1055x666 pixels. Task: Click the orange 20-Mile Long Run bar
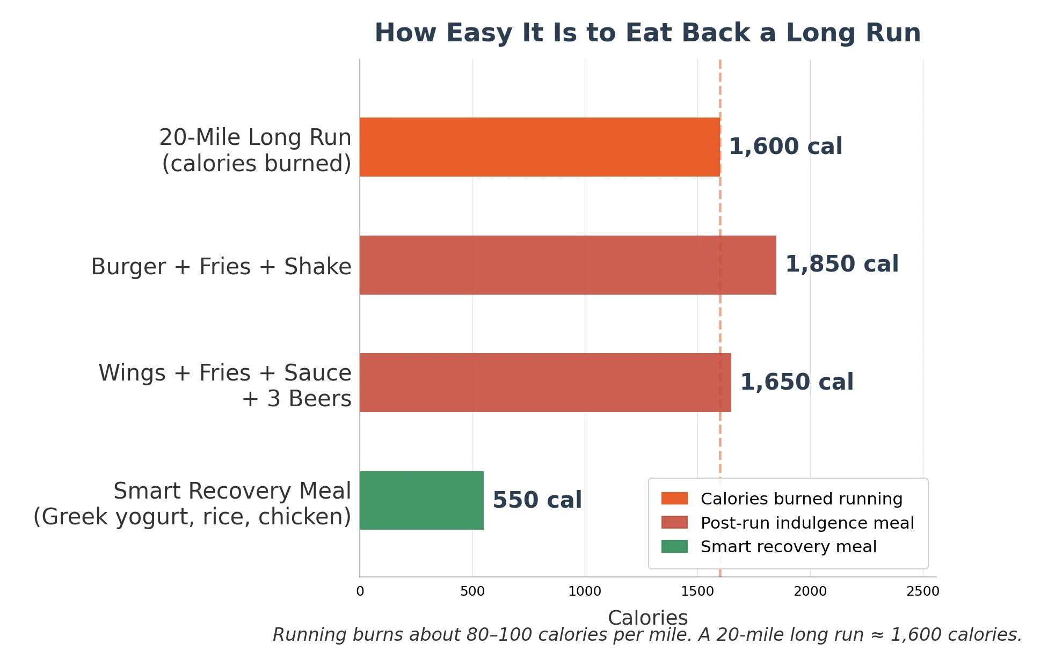pos(540,147)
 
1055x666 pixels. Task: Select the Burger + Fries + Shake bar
pos(567,265)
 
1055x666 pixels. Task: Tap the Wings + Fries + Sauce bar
pos(545,383)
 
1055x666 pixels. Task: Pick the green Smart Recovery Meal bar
pos(421,500)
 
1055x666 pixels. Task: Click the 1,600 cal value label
pos(785,147)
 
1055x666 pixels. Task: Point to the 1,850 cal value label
pos(842,264)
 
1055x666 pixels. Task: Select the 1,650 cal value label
pos(797,382)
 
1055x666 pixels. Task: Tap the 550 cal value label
pos(537,500)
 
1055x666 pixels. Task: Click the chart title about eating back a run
pos(647,33)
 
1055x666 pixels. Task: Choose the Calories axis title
pos(647,618)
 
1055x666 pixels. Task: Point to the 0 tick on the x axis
pos(360,591)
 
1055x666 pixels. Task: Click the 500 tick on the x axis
pos(472,591)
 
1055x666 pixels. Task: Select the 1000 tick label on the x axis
pos(585,591)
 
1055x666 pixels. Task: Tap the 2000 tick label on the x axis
pos(810,591)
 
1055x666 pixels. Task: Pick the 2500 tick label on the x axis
pos(923,591)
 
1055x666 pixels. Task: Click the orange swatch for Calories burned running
pos(674,499)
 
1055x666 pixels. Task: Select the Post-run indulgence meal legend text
pos(807,523)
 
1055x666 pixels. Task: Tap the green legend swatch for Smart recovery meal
pos(674,546)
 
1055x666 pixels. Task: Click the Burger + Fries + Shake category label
pos(221,267)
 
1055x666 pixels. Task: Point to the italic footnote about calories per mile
pos(647,635)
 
